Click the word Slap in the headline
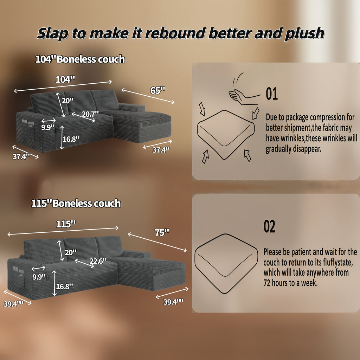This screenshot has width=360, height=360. click(52, 33)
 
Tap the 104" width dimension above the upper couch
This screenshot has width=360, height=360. click(65, 80)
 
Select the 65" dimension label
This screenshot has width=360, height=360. click(158, 90)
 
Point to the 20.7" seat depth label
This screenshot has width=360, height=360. click(90, 114)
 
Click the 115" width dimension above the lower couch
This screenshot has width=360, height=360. click(66, 224)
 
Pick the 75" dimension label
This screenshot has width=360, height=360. click(162, 233)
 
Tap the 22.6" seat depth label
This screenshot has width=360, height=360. click(98, 261)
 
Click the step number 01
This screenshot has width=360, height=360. click(272, 94)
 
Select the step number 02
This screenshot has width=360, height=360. click(269, 226)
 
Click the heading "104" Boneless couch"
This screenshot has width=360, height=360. click(80, 59)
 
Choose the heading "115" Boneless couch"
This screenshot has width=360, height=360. click(76, 204)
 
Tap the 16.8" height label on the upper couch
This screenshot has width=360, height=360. click(71, 139)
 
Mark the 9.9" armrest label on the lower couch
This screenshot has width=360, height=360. click(39, 277)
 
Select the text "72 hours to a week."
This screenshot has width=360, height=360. click(290, 283)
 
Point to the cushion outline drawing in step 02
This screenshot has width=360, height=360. click(226, 264)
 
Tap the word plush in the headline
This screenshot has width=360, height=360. click(304, 34)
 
